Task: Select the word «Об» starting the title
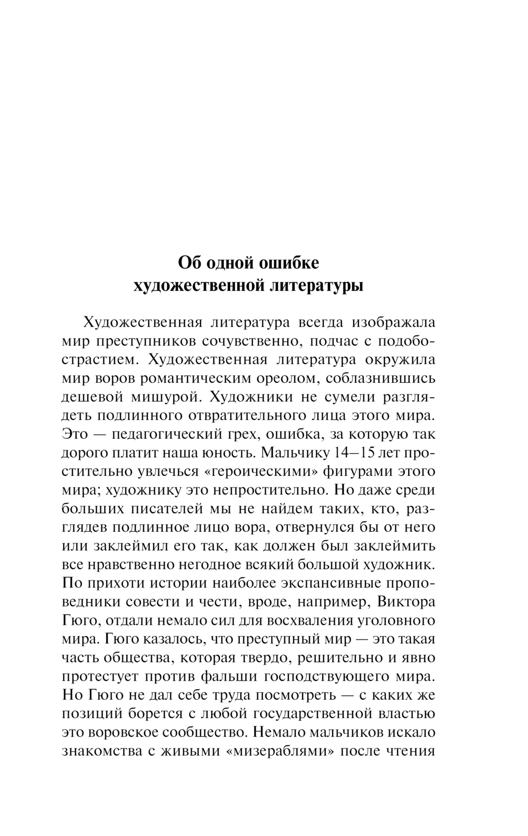click(x=188, y=262)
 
